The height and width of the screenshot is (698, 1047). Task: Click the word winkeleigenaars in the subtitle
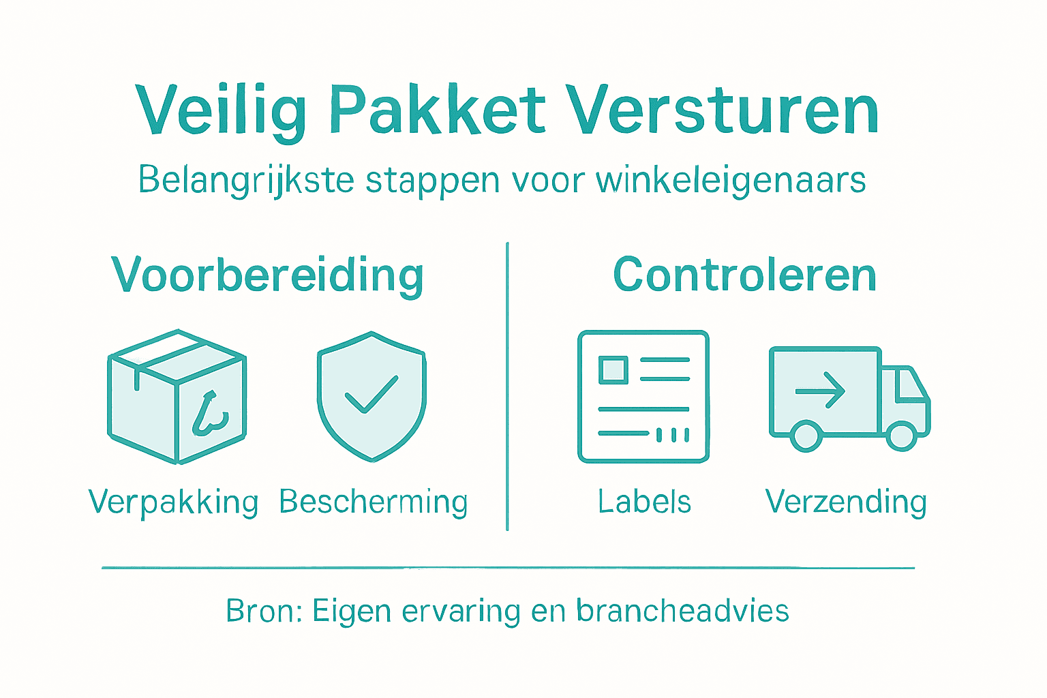[731, 180]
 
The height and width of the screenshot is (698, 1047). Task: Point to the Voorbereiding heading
[267, 275]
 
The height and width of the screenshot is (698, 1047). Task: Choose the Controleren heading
[744, 275]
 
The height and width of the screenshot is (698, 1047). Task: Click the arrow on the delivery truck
[821, 390]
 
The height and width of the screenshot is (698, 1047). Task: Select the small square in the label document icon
[613, 370]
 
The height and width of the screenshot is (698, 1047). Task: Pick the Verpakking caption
[174, 502]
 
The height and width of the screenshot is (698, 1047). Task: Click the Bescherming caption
[374, 502]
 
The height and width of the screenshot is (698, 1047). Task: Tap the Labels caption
[644, 502]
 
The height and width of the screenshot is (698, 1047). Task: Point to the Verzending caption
[846, 502]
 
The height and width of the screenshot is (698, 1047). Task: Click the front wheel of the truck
[901, 436]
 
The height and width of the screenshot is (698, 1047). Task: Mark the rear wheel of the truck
[806, 436]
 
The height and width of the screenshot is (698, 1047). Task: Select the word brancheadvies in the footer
[682, 611]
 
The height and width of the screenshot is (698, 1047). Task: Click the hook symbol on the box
[209, 414]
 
